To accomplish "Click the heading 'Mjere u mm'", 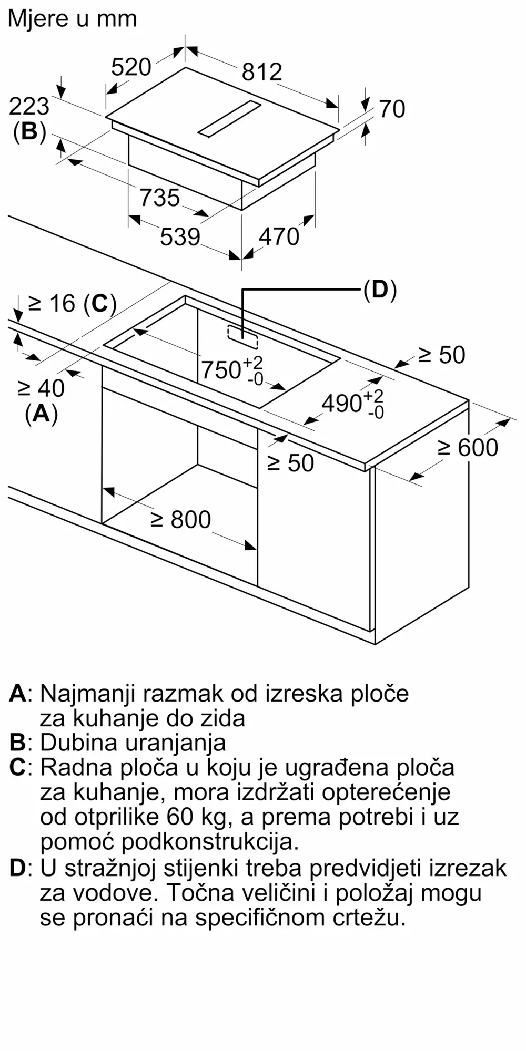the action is coord(72,19).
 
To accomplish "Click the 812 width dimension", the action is coord(262,71).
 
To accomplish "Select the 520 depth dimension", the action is coord(131,67).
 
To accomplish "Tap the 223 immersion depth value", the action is coord(29,107).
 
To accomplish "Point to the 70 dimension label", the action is coord(392,109).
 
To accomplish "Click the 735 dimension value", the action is coord(160,198).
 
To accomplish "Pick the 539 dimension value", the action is coord(180,236).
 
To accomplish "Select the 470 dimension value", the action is coord(279,236).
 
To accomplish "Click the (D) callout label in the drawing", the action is coord(380,290).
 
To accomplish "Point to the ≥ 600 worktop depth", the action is coord(468,448).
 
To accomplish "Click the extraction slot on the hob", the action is coord(229,120).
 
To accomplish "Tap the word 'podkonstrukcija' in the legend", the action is coord(210,842).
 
